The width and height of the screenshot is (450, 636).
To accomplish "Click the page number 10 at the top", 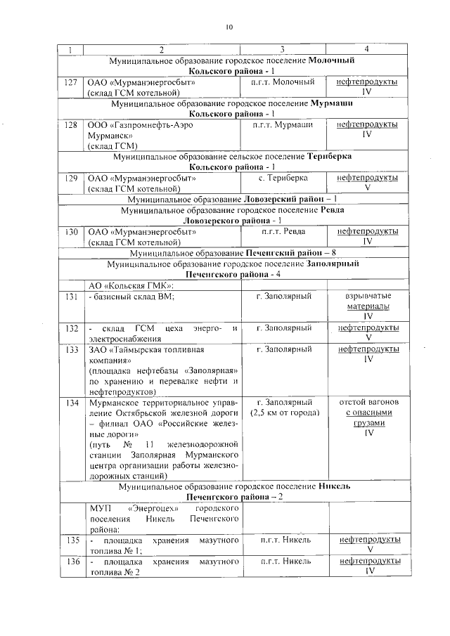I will [x=228, y=27].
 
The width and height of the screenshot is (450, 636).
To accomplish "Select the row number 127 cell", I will [x=70, y=82].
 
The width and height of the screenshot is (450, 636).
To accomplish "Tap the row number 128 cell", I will [x=70, y=124].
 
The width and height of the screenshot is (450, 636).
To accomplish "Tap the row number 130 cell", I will [x=70, y=231].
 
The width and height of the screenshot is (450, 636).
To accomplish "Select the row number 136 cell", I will [x=70, y=562].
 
